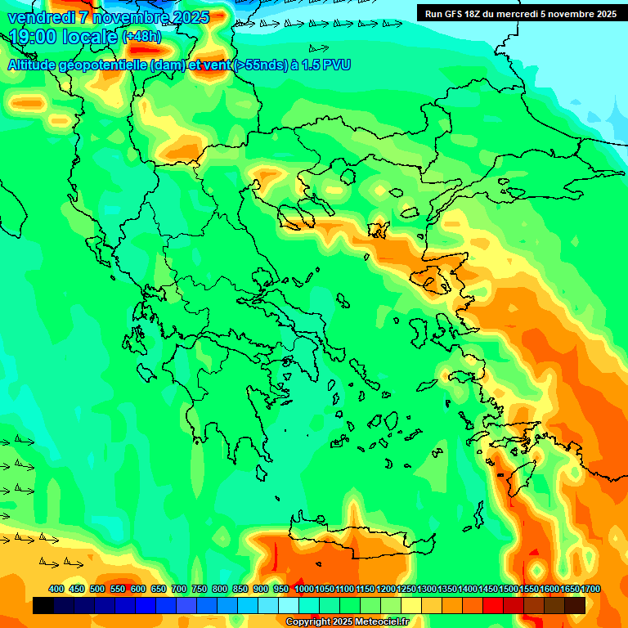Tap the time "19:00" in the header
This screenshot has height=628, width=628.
point(32,37)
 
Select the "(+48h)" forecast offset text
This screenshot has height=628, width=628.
point(141,37)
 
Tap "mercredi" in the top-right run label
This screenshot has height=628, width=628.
point(514,14)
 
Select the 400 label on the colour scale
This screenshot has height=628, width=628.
point(56,589)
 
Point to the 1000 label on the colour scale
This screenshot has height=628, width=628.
point(304,589)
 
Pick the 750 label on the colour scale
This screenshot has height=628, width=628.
point(199,589)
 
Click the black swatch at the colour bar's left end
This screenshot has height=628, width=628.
point(43,605)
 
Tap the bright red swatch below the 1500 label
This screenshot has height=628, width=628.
point(493,605)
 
